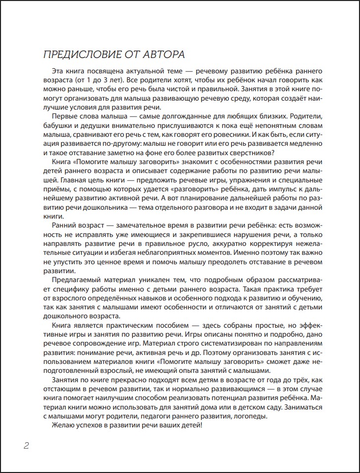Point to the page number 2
pyautogui.click(x=26, y=445)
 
